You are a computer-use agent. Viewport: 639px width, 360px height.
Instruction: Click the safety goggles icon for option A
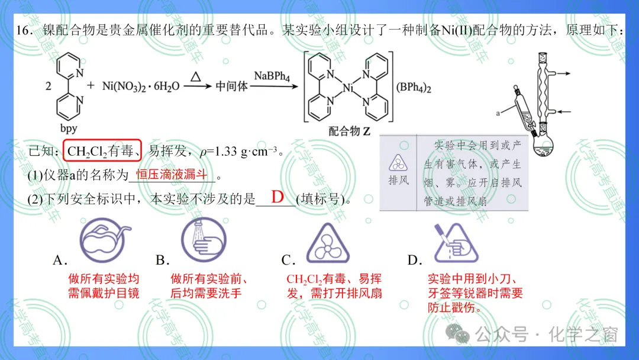click(105, 240)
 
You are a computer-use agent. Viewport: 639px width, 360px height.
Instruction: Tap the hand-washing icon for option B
click(204, 240)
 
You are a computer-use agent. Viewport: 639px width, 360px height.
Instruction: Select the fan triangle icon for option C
click(328, 243)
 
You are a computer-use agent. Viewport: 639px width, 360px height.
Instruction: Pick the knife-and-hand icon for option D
click(456, 243)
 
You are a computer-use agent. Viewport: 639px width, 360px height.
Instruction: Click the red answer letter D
click(277, 197)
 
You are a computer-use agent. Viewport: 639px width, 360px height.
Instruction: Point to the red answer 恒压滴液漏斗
click(172, 175)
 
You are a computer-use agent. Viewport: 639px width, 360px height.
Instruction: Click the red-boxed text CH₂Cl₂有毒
click(102, 151)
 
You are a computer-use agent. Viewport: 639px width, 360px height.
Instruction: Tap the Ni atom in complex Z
click(348, 87)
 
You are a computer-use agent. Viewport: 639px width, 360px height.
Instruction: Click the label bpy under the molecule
click(69, 128)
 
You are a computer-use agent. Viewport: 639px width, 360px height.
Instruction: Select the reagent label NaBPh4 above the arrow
click(272, 76)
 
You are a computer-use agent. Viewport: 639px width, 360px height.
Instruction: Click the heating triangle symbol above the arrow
click(196, 76)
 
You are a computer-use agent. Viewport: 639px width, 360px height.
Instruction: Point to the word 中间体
click(231, 86)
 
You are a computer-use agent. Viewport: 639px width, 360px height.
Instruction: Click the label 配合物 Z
click(349, 131)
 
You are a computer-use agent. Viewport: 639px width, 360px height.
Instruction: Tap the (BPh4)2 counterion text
click(414, 88)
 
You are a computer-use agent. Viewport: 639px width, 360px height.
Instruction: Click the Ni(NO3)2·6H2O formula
click(141, 86)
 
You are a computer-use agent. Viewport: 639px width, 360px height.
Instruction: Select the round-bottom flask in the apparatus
click(543, 146)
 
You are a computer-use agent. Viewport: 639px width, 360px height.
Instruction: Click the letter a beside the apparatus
click(498, 113)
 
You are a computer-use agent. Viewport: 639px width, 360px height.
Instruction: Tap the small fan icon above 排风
click(398, 163)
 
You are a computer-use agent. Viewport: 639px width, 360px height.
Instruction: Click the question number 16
click(25, 31)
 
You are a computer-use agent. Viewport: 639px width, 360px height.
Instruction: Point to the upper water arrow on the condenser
click(564, 73)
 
